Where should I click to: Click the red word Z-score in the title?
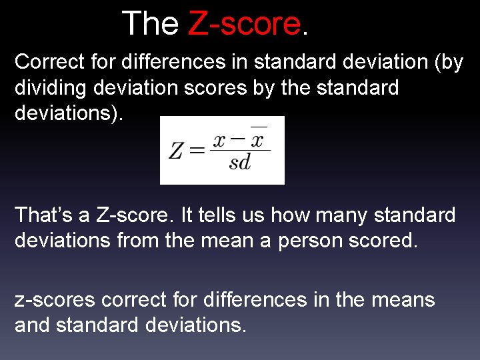[x=245, y=24]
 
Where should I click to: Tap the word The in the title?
[x=151, y=24]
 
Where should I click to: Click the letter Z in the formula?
[x=176, y=151]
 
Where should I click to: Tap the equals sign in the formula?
[x=197, y=151]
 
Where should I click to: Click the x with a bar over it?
[x=258, y=141]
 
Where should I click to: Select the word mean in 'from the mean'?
[x=227, y=241]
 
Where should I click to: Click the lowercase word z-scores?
[x=55, y=301]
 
